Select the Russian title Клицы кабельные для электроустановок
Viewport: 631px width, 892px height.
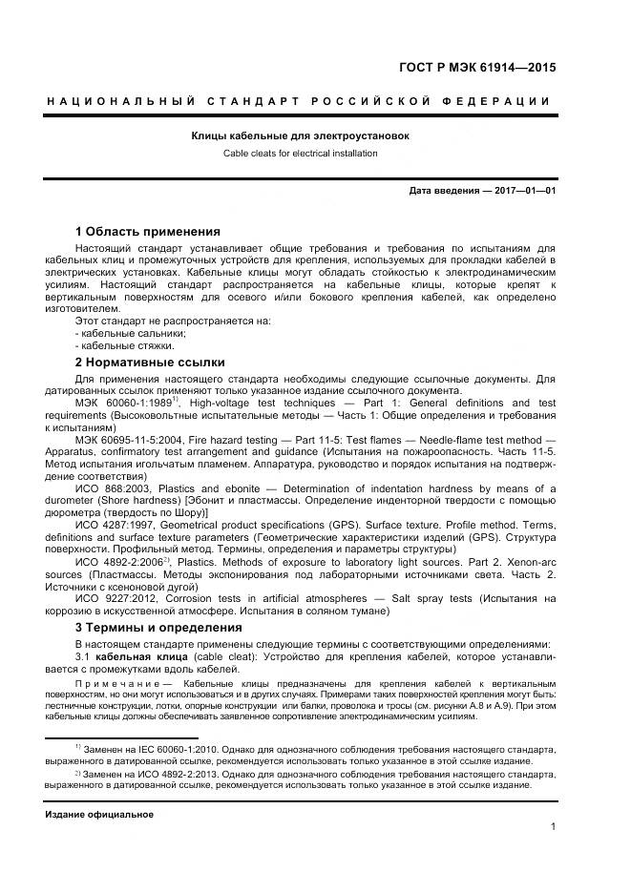coord(301,135)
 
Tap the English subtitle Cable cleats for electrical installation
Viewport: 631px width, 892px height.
coord(301,153)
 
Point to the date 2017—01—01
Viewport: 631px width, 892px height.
coord(524,191)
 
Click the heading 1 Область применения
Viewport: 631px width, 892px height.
coord(147,231)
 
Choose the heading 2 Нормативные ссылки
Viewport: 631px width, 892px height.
coord(150,362)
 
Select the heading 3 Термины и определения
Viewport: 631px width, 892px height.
coord(158,627)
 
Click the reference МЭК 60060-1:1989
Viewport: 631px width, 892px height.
coord(121,404)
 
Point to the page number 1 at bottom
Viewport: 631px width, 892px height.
coord(553,827)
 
